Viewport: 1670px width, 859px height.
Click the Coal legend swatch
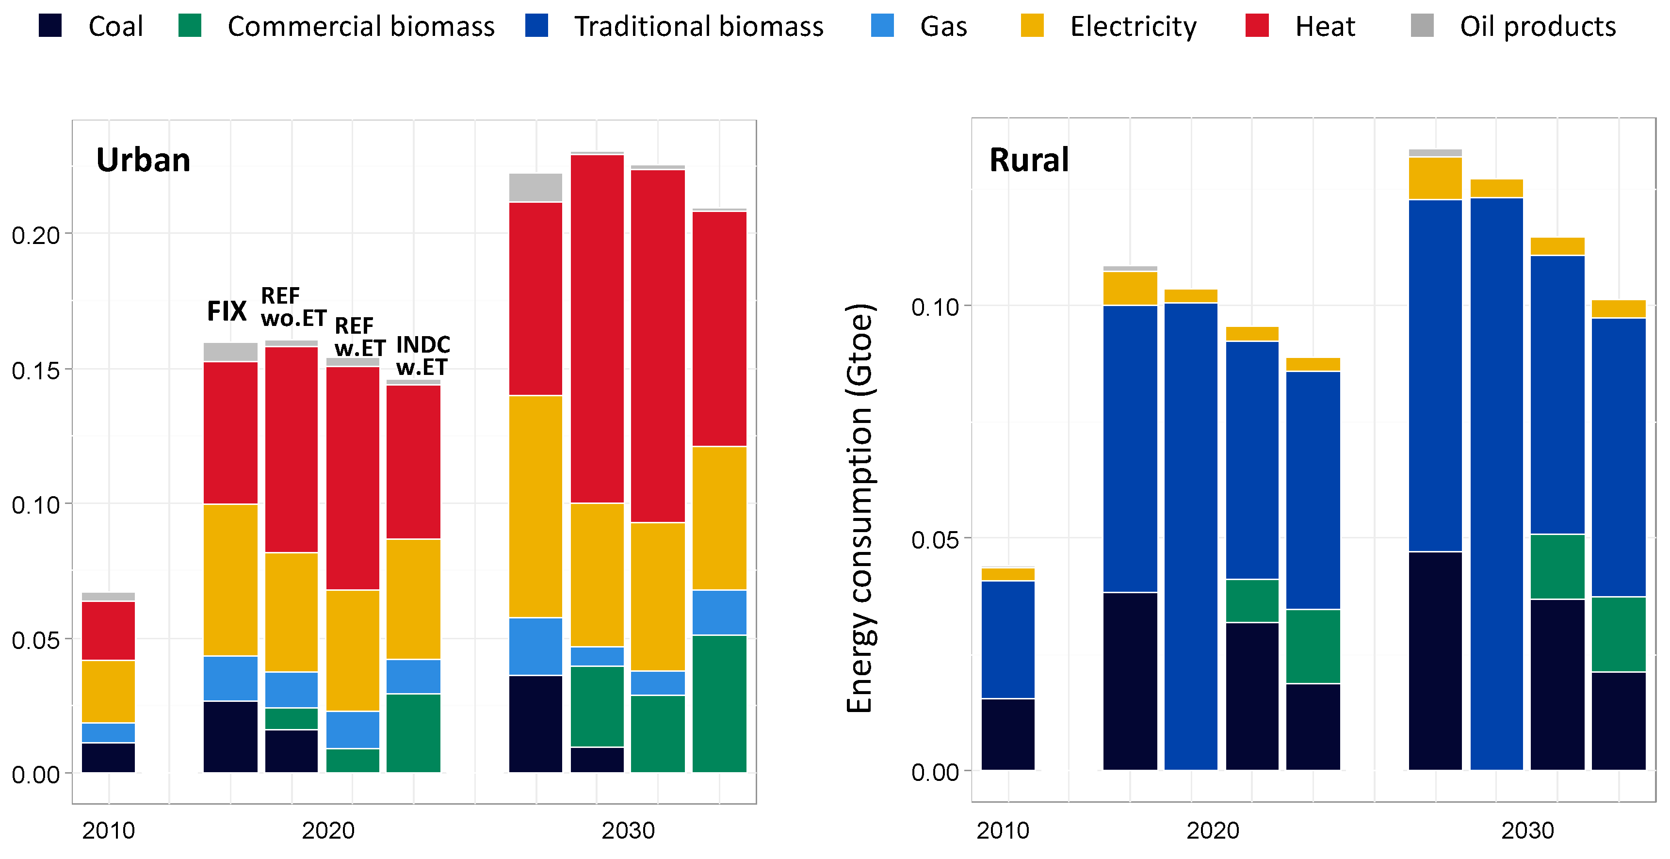click(50, 26)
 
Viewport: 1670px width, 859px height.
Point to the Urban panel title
click(143, 160)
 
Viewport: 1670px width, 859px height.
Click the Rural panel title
click(1029, 160)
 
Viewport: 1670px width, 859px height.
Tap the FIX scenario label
click(226, 311)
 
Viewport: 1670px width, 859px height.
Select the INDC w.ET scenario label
click(422, 355)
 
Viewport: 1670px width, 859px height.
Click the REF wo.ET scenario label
click(293, 307)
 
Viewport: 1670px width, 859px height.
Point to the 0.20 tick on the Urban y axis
click(36, 235)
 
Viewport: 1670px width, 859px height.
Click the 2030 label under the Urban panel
click(628, 830)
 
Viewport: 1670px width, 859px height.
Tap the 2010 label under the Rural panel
click(1002, 830)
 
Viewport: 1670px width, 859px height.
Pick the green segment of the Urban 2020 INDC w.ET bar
click(414, 732)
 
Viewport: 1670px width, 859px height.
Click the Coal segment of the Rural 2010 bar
click(1007, 734)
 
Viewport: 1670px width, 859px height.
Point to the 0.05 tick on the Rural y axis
click(934, 539)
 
